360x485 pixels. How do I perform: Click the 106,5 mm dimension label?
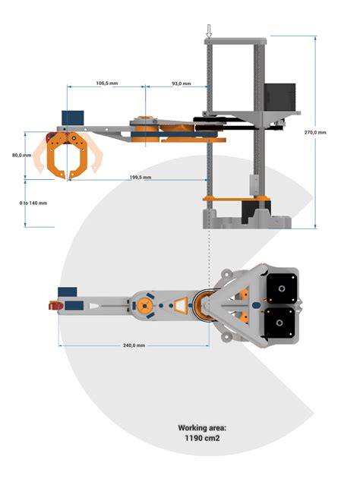tap(106, 83)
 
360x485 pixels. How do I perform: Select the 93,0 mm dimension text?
tap(181, 83)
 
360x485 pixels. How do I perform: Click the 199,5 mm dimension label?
tap(141, 177)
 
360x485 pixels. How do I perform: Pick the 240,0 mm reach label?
tap(134, 345)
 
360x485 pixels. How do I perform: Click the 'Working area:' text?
tap(202, 428)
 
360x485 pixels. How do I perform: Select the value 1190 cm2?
tap(202, 439)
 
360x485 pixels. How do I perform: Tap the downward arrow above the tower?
tap(209, 30)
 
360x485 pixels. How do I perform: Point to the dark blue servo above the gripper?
tap(72, 118)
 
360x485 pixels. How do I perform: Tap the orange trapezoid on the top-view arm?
tap(179, 306)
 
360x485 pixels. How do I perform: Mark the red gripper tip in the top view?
tap(53, 307)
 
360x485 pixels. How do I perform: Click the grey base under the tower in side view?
tap(247, 220)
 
